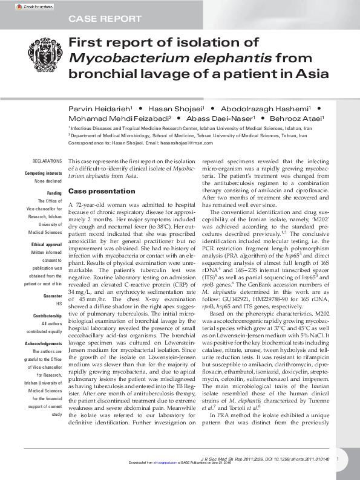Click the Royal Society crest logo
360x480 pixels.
[x=45, y=58]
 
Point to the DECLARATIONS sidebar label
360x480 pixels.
[x=47, y=161]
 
